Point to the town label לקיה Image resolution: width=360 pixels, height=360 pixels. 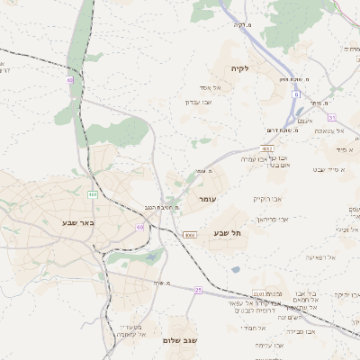(238, 67)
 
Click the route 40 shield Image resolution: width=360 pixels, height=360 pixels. (69, 80)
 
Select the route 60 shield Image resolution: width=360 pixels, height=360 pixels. (140, 228)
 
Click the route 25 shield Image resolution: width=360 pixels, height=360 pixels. (198, 291)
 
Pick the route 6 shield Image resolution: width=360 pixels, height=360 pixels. (295, 94)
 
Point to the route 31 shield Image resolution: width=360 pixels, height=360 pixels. (331, 117)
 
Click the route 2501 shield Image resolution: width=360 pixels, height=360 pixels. (257, 293)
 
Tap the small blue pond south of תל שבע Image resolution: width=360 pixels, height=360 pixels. (236, 268)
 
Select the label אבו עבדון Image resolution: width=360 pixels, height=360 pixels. (197, 102)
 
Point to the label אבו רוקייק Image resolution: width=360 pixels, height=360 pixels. (267, 198)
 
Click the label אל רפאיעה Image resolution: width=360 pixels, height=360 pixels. (319, 257)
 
